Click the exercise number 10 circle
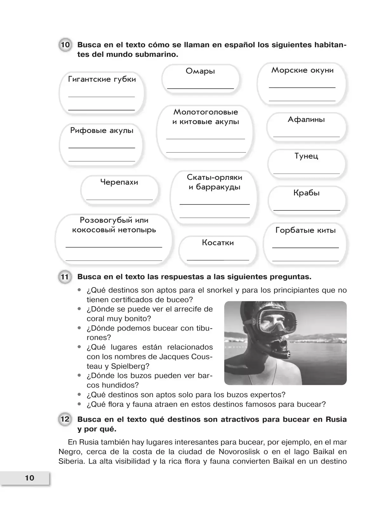click(x=65, y=45)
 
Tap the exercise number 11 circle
click(x=65, y=277)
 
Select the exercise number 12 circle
click(x=65, y=419)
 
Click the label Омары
click(x=200, y=71)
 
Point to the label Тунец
click(x=306, y=156)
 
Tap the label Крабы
click(x=306, y=193)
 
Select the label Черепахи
click(x=119, y=182)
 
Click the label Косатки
click(x=218, y=243)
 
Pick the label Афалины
click(x=306, y=120)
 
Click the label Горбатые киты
click(x=305, y=230)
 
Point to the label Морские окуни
click(x=302, y=70)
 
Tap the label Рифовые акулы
click(x=102, y=130)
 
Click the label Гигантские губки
click(x=102, y=79)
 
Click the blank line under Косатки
click(x=218, y=260)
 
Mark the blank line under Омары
click(x=200, y=88)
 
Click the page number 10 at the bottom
click(x=30, y=478)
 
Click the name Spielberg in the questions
click(x=130, y=366)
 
